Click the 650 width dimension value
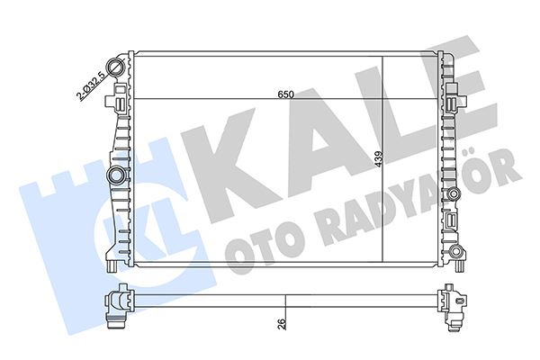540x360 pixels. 285,94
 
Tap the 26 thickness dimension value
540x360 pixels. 282,323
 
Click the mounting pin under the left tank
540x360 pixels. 109,265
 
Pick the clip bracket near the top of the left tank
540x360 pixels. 119,106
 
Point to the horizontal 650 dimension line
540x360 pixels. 225,98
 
